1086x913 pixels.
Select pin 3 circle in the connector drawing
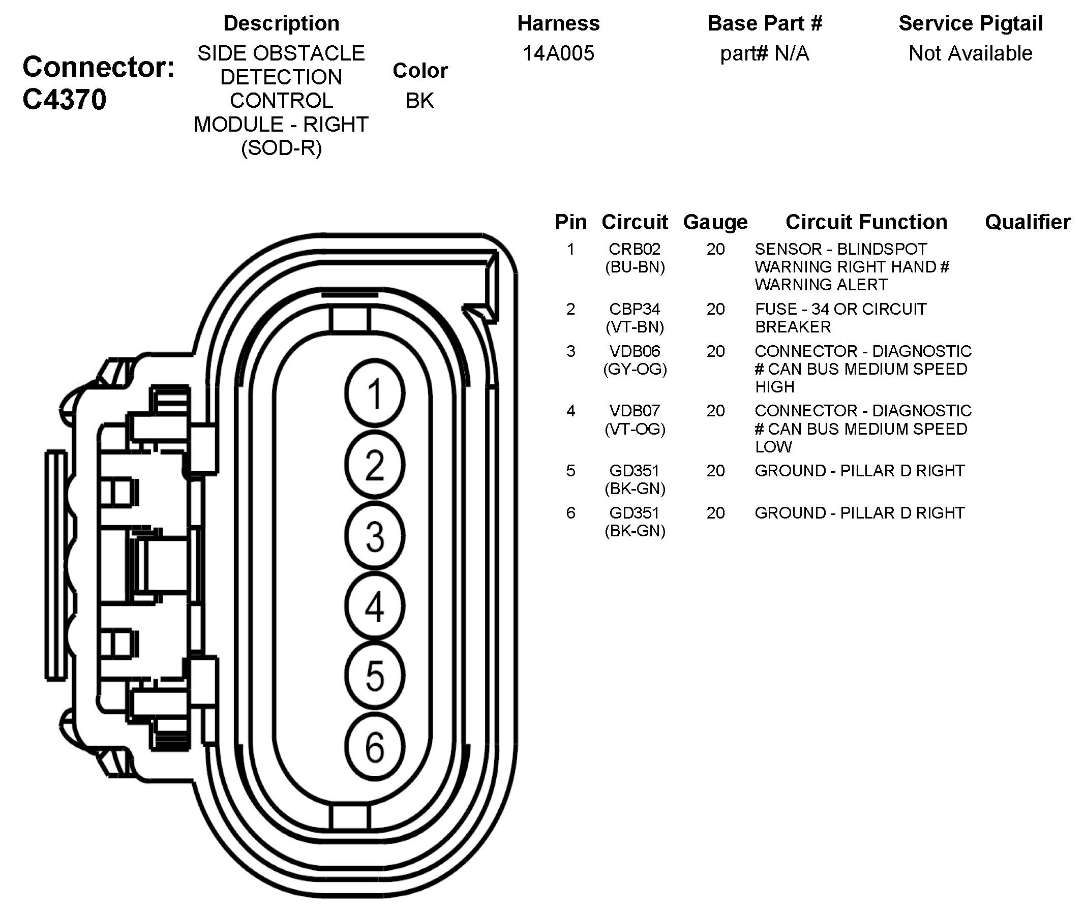click(x=375, y=536)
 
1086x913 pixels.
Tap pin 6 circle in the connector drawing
click(x=375, y=747)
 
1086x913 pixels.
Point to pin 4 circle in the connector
click(x=375, y=606)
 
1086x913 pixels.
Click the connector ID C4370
click(x=64, y=99)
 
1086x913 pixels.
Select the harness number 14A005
click(x=558, y=53)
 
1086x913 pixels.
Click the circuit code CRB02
click(x=635, y=249)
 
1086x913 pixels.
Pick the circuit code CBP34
click(x=635, y=309)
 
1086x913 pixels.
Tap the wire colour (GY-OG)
click(x=635, y=369)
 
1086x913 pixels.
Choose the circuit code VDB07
click(x=635, y=411)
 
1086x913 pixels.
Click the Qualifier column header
click(x=1028, y=222)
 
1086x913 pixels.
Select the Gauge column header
click(x=715, y=222)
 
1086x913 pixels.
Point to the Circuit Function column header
click(x=866, y=222)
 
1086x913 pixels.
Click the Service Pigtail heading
click(x=971, y=24)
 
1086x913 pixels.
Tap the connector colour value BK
click(x=420, y=101)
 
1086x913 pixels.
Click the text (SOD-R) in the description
click(x=282, y=148)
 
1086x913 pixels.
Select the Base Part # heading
click(x=765, y=24)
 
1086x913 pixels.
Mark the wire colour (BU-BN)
click(x=635, y=267)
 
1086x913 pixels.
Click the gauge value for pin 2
click(x=715, y=309)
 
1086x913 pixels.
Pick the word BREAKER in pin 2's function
click(x=793, y=327)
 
